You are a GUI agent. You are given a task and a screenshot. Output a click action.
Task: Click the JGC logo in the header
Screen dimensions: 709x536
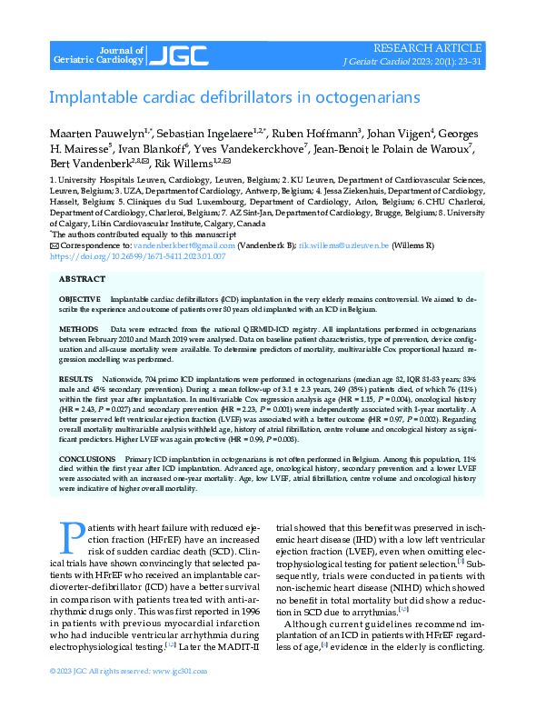(x=172, y=55)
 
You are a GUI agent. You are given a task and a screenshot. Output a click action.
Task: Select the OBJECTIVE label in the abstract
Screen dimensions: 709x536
(x=79, y=299)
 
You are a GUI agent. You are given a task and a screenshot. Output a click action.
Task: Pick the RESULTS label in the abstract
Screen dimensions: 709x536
(x=75, y=375)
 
